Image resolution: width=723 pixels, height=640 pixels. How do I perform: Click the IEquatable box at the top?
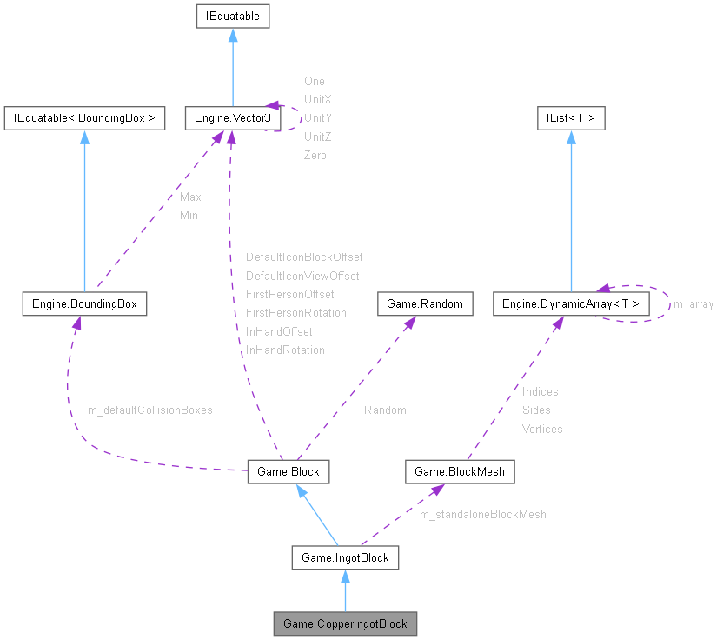(x=231, y=16)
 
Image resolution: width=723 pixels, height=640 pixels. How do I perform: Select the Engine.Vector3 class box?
(x=231, y=118)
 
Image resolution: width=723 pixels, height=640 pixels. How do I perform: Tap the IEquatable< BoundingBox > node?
(x=84, y=118)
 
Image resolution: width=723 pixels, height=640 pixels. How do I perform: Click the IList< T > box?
(x=571, y=118)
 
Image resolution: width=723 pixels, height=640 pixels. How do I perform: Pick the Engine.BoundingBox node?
(x=84, y=303)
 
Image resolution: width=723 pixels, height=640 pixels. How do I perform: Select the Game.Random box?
(x=425, y=303)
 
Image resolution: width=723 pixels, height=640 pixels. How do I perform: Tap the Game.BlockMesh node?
(x=460, y=471)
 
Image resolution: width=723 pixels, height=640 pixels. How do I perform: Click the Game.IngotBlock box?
(x=345, y=557)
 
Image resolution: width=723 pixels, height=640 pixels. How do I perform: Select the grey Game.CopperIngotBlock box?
(x=345, y=623)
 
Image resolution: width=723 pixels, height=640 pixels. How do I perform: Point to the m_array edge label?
(x=693, y=303)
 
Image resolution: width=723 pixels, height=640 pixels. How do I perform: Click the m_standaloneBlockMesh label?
(x=483, y=515)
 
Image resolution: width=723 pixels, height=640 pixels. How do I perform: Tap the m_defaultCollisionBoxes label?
(x=150, y=410)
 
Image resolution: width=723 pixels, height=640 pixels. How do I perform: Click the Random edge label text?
(x=385, y=410)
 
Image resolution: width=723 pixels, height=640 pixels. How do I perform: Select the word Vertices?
(x=542, y=429)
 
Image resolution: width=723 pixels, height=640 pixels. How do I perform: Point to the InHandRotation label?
(x=285, y=350)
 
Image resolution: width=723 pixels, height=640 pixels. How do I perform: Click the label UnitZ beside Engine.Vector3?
(x=318, y=137)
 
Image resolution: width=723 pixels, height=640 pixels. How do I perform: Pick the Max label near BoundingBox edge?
(x=190, y=197)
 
